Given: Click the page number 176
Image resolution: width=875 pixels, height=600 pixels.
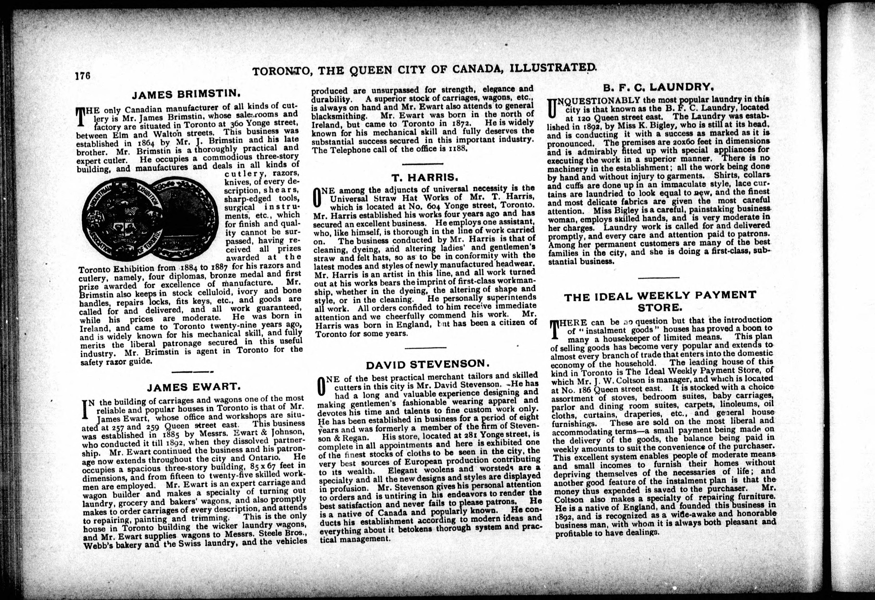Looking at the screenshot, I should pos(83,76).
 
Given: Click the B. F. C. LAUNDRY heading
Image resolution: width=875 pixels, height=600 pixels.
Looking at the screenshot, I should pos(659,88).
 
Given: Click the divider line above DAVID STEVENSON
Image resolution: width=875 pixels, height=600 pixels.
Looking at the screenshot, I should pos(426,347).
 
